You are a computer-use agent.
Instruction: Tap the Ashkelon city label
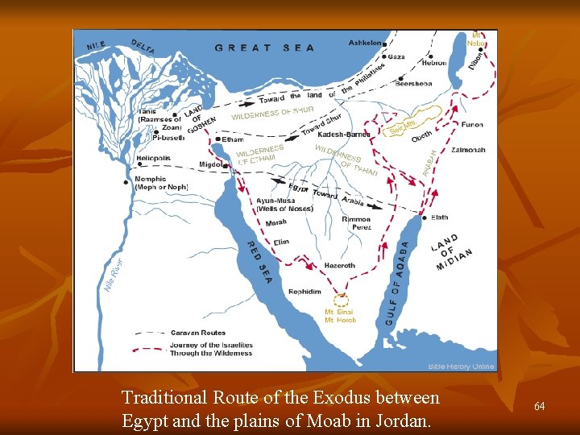(x=367, y=43)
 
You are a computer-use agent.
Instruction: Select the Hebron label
(x=433, y=63)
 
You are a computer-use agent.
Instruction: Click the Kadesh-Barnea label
(x=344, y=135)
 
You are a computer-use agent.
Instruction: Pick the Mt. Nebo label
(x=477, y=39)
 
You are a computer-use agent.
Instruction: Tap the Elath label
(x=439, y=217)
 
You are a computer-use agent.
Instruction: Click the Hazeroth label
(x=338, y=265)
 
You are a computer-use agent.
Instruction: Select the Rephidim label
(x=304, y=291)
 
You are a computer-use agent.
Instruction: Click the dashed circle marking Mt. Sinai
(x=342, y=300)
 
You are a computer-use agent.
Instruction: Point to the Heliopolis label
(x=154, y=158)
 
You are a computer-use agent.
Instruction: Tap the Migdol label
(x=211, y=165)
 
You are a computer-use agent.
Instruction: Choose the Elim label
(x=281, y=242)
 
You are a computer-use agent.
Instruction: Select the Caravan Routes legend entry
(x=198, y=333)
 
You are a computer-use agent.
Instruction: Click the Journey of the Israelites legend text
(x=211, y=349)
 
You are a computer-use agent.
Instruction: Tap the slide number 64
(x=539, y=407)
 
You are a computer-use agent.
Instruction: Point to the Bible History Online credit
(x=461, y=367)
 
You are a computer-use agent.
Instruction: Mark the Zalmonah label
(x=468, y=150)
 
